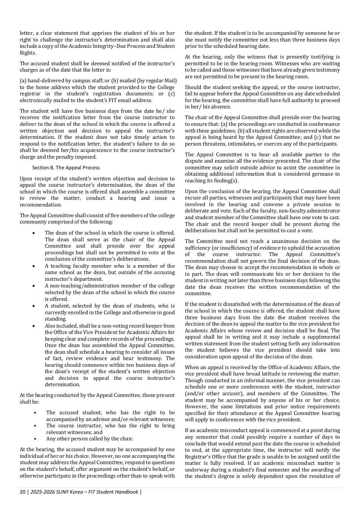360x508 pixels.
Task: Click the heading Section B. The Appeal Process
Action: [x=66, y=168]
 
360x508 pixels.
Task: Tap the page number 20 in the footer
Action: [x=22, y=492]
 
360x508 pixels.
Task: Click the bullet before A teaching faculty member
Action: [x=34, y=266]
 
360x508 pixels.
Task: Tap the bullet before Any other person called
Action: [x=35, y=439]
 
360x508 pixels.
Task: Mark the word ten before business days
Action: [x=130, y=365]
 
